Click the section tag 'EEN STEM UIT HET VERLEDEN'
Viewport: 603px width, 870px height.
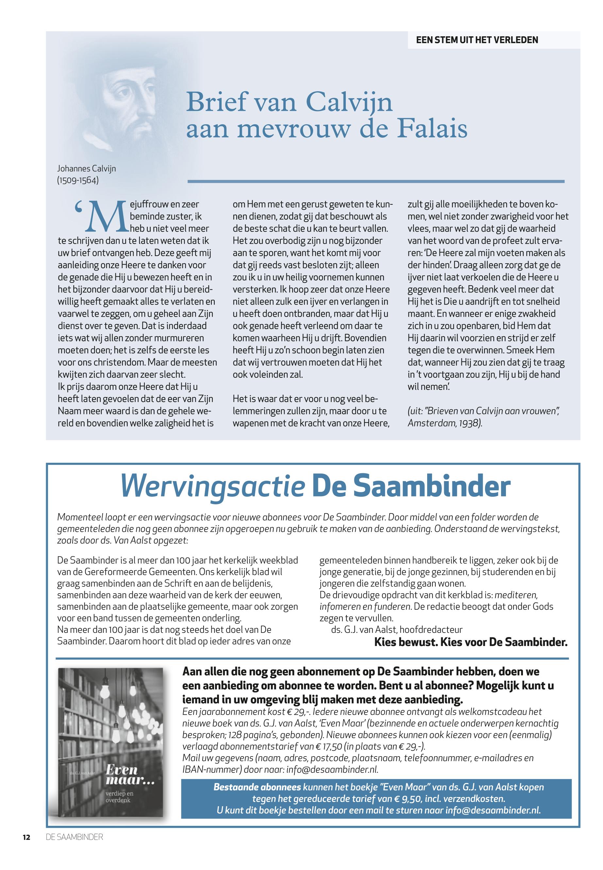pyautogui.click(x=477, y=40)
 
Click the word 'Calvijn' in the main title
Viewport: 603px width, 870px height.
pyautogui.click(x=349, y=102)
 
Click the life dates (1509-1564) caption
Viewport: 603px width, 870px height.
pyautogui.click(x=78, y=180)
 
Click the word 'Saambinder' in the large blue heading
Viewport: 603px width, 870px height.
pyautogui.click(x=431, y=487)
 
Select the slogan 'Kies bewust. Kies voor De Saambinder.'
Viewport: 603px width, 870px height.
pyautogui.click(x=471, y=642)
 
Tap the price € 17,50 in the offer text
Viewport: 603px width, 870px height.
pyautogui.click(x=327, y=747)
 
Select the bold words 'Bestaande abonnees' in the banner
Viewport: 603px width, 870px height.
pyautogui.click(x=257, y=787)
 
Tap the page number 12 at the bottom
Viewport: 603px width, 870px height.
pyautogui.click(x=26, y=837)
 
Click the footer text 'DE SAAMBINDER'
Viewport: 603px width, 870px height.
pyautogui.click(x=75, y=837)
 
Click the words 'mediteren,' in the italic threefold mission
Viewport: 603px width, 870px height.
pyautogui.click(x=516, y=595)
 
